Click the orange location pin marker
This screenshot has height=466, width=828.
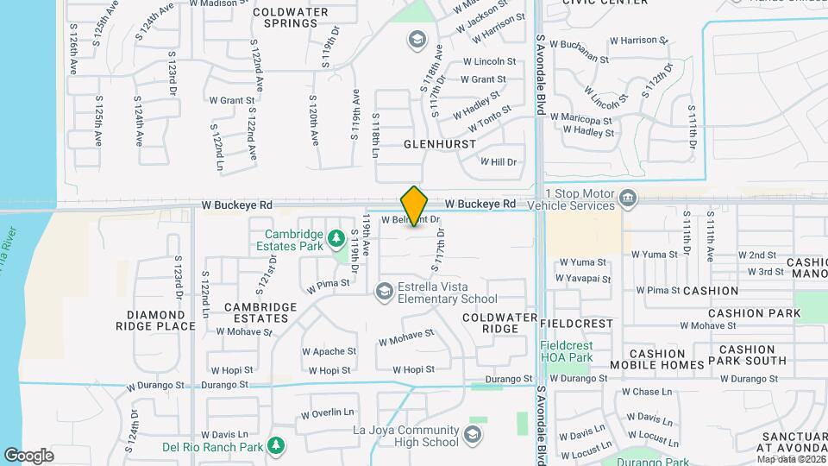(x=415, y=206)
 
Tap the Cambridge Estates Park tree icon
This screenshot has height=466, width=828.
(x=336, y=236)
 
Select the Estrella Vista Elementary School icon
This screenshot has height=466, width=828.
(x=384, y=292)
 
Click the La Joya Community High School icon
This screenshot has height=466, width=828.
(x=473, y=434)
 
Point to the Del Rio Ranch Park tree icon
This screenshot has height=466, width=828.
(x=276, y=446)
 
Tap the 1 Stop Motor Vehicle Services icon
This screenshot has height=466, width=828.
(x=629, y=198)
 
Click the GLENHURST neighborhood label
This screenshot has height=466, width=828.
(x=436, y=145)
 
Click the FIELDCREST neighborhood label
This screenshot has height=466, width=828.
(x=576, y=324)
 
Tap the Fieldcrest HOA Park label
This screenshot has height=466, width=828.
(x=567, y=351)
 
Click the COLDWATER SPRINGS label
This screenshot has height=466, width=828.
(x=285, y=17)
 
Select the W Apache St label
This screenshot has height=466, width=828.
(x=329, y=352)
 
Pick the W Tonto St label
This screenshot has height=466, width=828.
(x=489, y=117)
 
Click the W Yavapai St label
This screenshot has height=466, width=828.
(x=582, y=279)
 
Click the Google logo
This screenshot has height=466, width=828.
(x=28, y=455)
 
